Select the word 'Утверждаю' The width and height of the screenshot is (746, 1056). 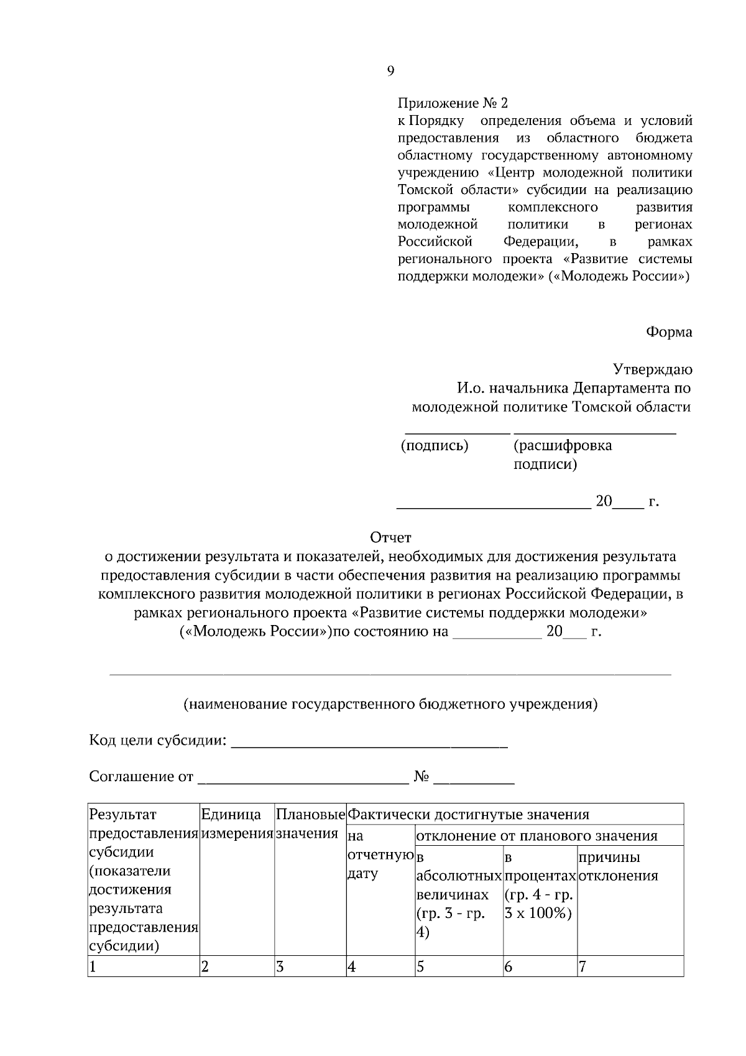tap(652, 370)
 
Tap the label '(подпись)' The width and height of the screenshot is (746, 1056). tap(435, 446)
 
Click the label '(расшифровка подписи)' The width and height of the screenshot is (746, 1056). tap(562, 455)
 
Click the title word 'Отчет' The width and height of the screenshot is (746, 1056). tap(390, 537)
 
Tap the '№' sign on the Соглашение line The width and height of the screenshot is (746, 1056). tap(422, 777)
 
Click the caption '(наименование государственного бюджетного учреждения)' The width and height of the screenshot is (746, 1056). tap(390, 705)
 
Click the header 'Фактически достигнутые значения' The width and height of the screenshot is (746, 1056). tap(469, 815)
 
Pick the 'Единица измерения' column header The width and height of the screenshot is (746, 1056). tap(237, 823)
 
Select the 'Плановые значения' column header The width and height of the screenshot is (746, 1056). tap(310, 823)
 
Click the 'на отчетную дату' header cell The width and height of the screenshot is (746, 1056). tap(380, 855)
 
